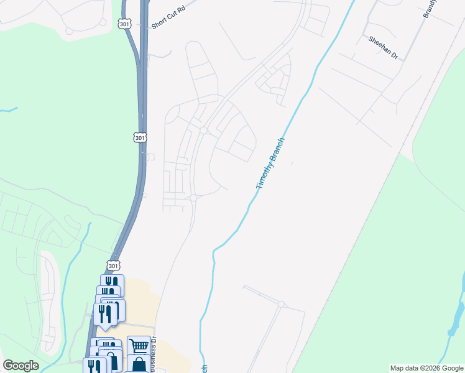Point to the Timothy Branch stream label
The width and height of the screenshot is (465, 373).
tap(270, 163)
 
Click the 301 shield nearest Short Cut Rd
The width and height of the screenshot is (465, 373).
tap(124, 23)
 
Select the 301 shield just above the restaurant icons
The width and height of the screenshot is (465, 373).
tap(113, 265)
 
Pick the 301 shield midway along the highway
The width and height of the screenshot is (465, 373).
tap(140, 137)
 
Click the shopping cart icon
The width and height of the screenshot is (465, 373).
tap(139, 346)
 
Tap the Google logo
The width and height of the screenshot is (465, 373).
tap(21, 366)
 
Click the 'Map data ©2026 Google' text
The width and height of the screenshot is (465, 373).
tap(426, 368)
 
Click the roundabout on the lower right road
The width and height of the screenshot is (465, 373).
tap(281, 304)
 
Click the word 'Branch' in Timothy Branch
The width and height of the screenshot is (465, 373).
tap(277, 150)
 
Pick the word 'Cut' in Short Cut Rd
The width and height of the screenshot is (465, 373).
tap(172, 21)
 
